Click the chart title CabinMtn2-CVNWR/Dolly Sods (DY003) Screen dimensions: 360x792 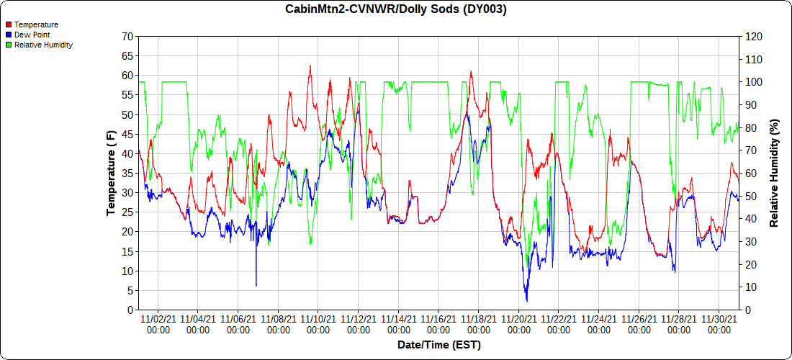396,9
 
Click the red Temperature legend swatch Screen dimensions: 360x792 9,24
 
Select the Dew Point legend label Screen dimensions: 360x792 32,35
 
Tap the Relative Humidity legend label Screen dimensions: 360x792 43,45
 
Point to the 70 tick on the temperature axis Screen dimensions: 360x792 127,36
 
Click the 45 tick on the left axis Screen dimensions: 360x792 127,134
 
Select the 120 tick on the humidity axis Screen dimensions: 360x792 753,36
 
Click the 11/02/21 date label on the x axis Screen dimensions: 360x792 158,324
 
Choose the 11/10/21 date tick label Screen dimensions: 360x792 318,324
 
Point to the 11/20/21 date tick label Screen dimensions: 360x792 518,324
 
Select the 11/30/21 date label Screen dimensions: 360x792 719,324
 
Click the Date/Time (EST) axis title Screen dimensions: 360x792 438,345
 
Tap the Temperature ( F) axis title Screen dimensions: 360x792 111,173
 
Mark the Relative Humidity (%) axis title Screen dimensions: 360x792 775,173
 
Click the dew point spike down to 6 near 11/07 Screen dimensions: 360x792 256,285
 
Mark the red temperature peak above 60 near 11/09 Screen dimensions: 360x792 310,66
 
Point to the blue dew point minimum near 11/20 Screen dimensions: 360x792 526,300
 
